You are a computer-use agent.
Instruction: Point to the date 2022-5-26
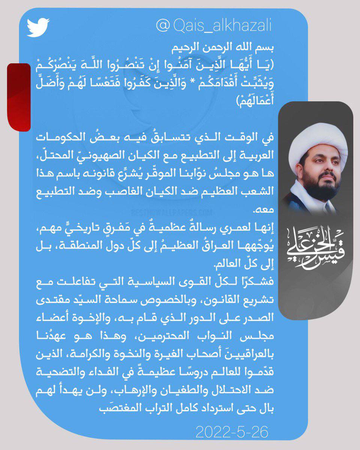232,432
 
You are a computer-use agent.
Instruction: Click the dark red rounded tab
19,97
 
